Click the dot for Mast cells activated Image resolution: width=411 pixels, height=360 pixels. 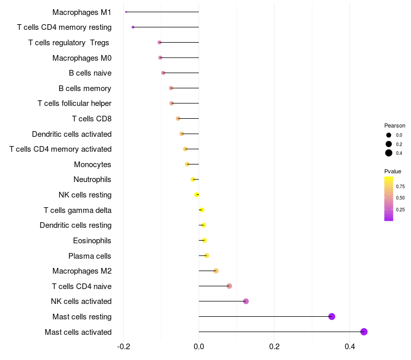364,332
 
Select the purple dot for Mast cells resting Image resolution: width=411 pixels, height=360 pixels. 332,316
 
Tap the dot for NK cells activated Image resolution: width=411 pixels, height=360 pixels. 246,301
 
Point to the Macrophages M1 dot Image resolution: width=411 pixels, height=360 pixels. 126,12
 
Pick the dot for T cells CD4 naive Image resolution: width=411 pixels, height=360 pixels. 229,286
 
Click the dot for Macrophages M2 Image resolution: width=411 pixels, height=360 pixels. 216,271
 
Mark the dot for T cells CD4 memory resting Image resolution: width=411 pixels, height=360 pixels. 133,27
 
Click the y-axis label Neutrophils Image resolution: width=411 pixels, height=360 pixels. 92,179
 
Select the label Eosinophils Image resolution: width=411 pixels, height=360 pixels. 92,241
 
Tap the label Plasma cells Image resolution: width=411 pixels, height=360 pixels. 90,256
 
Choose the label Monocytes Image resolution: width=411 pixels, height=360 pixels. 92,165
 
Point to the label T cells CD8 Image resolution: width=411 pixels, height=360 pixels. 91,119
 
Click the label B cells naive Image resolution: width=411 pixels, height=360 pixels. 90,73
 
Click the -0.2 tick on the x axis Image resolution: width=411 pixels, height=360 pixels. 123,346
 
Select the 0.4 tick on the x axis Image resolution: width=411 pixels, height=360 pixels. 349,346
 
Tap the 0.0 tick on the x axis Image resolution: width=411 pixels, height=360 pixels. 199,346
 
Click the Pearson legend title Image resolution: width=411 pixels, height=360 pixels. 395,125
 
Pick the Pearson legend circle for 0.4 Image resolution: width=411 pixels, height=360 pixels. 389,153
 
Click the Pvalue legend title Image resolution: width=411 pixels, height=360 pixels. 393,171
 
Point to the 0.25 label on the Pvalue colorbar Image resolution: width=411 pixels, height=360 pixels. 400,209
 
